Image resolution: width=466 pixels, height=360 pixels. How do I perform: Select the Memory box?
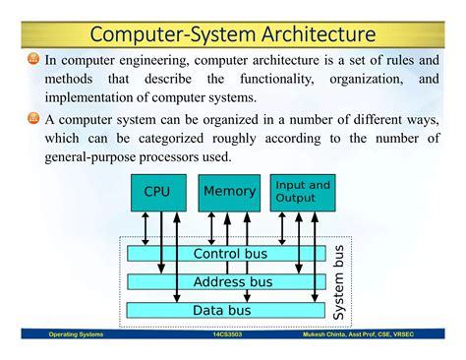click(x=229, y=192)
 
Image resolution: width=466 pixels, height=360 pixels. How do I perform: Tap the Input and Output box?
click(x=302, y=192)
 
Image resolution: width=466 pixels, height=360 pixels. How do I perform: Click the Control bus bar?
click(x=226, y=254)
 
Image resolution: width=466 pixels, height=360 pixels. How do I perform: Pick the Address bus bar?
click(x=226, y=282)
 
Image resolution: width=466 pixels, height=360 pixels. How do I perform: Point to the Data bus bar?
click(x=226, y=310)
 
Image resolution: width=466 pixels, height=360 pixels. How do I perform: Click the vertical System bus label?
click(x=339, y=282)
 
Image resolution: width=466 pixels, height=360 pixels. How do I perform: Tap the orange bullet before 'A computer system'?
click(x=32, y=118)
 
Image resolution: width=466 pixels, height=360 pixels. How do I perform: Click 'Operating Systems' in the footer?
click(x=78, y=335)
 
